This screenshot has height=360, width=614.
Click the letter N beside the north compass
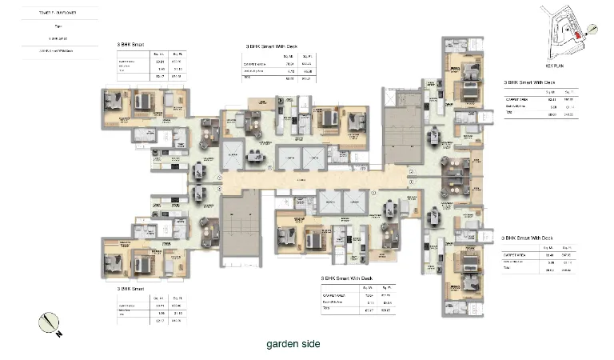[x=59, y=334]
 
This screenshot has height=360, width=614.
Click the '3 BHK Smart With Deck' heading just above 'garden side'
[x=347, y=278]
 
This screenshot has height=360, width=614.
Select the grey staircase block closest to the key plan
[x=402, y=134]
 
